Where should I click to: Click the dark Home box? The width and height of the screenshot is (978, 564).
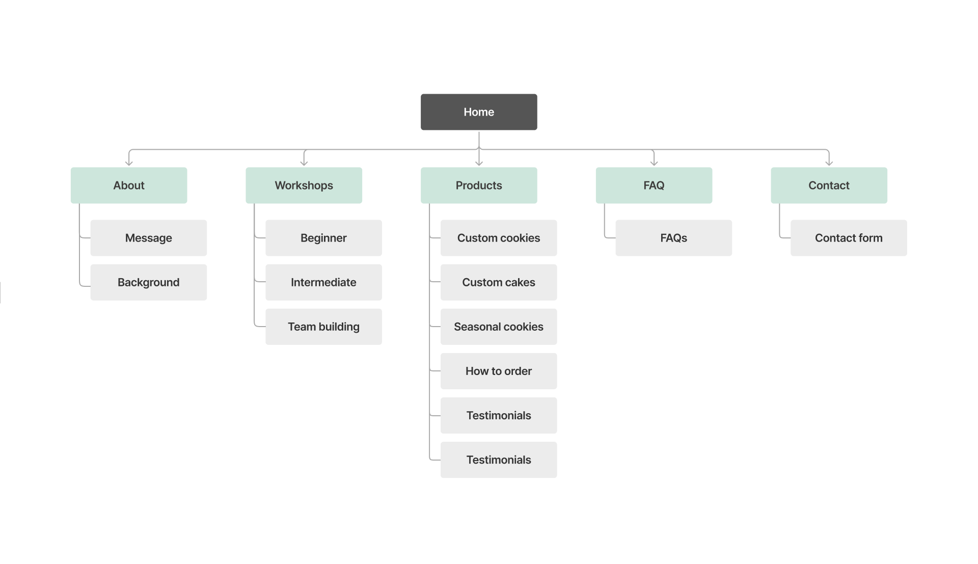[x=478, y=112]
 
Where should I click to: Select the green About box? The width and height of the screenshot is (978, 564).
[x=128, y=185]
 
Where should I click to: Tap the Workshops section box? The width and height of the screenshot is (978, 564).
[x=304, y=185]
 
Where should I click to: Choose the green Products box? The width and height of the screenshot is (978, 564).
[x=478, y=185]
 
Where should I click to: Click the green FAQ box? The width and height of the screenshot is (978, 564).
[x=654, y=185]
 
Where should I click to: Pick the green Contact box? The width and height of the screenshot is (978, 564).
[x=829, y=185]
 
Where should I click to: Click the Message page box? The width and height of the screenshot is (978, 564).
[x=148, y=238]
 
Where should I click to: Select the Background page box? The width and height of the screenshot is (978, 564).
[x=148, y=282]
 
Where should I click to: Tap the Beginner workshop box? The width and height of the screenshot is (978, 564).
[x=323, y=238]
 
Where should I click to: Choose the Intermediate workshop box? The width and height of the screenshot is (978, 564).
[x=323, y=282]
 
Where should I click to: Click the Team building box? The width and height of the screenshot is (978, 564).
[x=323, y=327]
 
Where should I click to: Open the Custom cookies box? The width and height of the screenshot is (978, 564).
[x=498, y=238]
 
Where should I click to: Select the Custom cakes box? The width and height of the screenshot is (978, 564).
[x=498, y=282]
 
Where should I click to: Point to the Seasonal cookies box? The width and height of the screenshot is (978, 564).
[x=498, y=327]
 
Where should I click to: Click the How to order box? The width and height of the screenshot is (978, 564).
[x=498, y=371]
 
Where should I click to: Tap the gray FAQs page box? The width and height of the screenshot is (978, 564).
[x=673, y=238]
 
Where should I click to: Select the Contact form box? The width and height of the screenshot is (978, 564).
[x=849, y=238]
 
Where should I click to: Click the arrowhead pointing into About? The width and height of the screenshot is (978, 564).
[x=129, y=163]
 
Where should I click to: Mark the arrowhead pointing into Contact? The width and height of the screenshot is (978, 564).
[x=829, y=163]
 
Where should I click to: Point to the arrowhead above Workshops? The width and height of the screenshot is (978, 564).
[x=304, y=163]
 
